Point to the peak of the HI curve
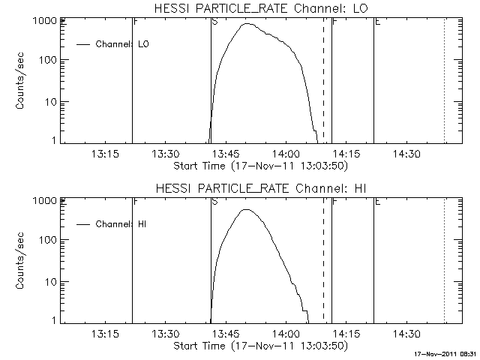(x=246, y=210)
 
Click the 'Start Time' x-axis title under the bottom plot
(x=259, y=346)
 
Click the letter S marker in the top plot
(x=215, y=22)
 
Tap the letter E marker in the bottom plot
(x=377, y=202)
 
